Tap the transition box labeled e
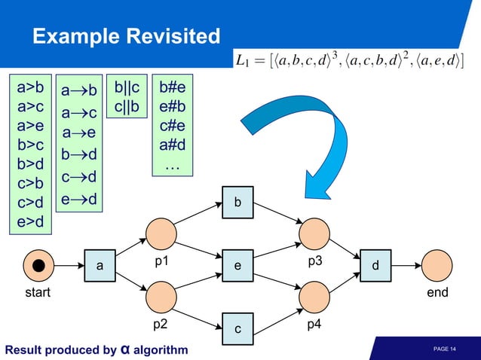click(237, 266)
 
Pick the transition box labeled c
click(237, 328)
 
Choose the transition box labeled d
click(375, 266)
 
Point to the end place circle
click(437, 266)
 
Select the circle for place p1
click(161, 234)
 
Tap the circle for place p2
click(161, 297)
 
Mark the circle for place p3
click(314, 234)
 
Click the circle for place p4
click(314, 297)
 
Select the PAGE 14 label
click(445, 349)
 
